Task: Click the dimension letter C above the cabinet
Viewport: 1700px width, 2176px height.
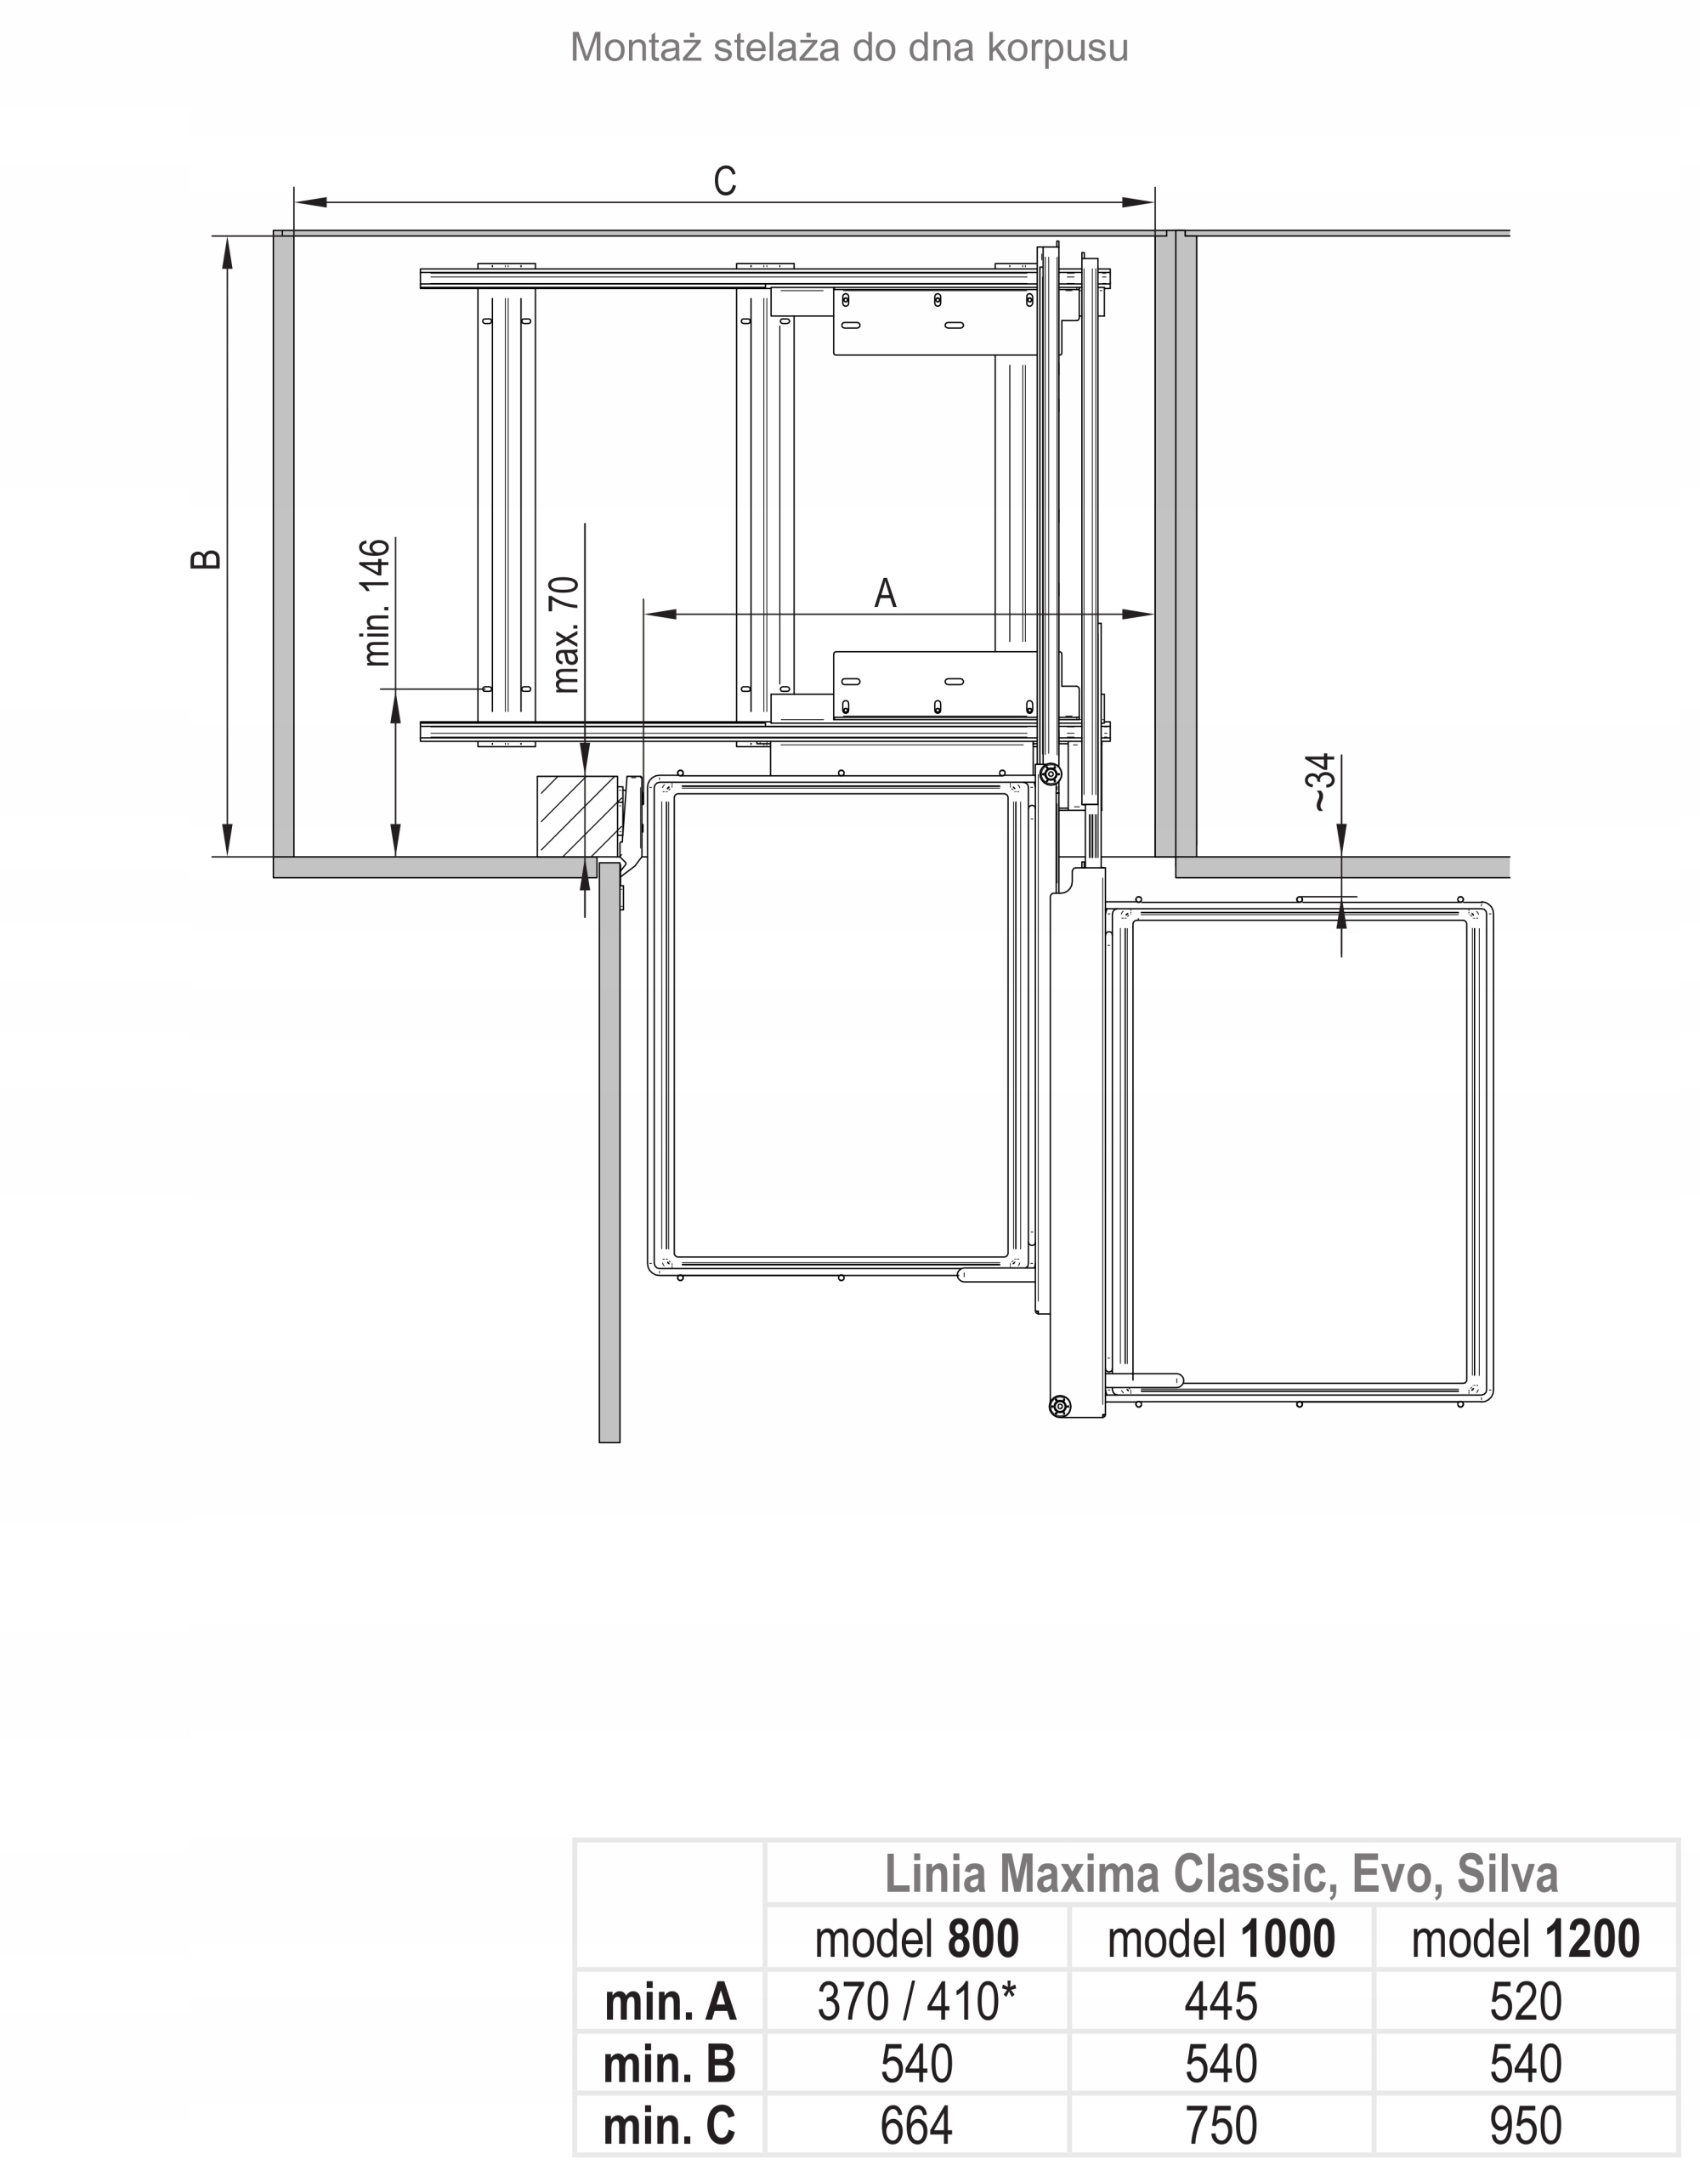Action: tap(724, 180)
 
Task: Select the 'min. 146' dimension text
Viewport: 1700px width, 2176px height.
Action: tap(377, 602)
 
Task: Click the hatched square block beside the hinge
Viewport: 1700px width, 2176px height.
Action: tap(577, 816)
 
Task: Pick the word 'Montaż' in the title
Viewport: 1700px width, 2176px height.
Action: tap(637, 47)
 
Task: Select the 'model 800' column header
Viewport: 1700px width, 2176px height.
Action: tap(917, 1938)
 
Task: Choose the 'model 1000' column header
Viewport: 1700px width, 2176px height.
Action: tap(1221, 1938)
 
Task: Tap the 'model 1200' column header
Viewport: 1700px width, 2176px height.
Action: tap(1526, 1938)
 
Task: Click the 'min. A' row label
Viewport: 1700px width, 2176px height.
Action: tap(670, 2002)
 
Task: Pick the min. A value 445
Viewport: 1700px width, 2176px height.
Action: tap(1221, 2002)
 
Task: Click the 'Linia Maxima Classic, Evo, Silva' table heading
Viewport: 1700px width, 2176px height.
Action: tap(1221, 1874)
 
